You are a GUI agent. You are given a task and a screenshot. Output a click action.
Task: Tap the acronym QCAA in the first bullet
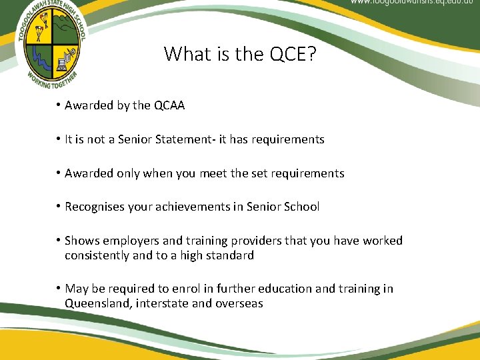[169, 105]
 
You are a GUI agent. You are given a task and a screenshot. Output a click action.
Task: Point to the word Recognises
[95, 207]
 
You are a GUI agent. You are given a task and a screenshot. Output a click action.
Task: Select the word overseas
[239, 303]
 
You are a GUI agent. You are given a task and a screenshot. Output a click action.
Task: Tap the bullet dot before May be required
[59, 289]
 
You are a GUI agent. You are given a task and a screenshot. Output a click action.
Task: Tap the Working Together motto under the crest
[52, 82]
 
